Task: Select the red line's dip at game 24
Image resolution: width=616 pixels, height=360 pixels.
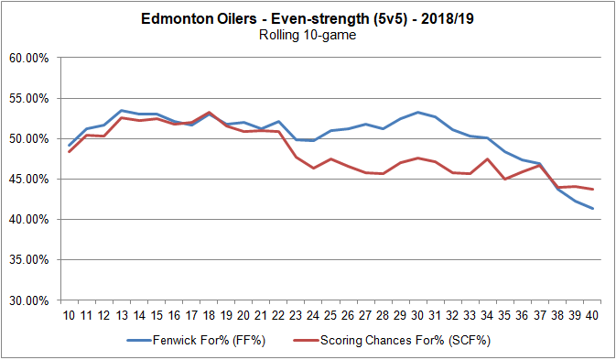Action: (x=315, y=168)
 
